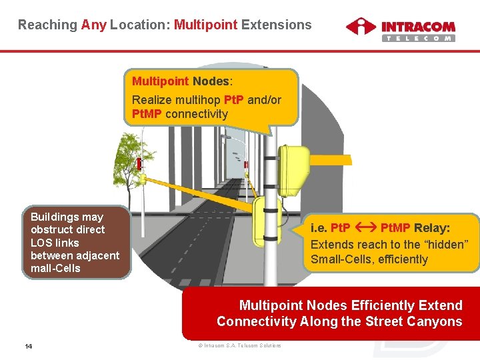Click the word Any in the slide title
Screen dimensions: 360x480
click(x=93, y=25)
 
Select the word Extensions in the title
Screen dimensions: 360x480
click(x=276, y=25)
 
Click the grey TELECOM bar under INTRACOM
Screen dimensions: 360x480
click(x=418, y=38)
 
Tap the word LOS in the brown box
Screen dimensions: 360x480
click(x=41, y=243)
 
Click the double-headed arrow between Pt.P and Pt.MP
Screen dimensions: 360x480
click(x=365, y=227)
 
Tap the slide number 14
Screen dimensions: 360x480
click(x=29, y=346)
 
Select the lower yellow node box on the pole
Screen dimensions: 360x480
click(x=266, y=221)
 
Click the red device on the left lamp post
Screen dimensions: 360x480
click(x=139, y=163)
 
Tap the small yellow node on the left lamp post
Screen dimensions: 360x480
click(x=142, y=179)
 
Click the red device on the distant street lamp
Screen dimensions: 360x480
click(x=245, y=164)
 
